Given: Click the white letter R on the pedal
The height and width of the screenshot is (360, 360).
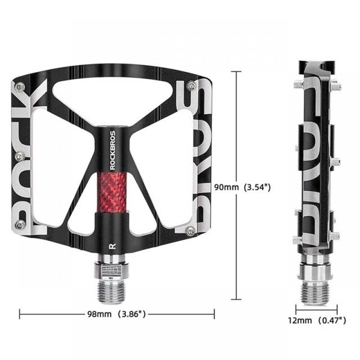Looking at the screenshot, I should [111, 246].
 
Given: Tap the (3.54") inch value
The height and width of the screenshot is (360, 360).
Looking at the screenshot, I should [256, 187].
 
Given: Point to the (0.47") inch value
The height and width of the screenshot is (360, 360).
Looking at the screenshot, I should [332, 320].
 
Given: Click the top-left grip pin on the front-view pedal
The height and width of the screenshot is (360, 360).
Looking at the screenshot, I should [18, 85].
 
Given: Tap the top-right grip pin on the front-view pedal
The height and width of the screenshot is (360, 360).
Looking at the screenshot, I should [192, 85].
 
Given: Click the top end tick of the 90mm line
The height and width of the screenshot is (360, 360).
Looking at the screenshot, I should [237, 71].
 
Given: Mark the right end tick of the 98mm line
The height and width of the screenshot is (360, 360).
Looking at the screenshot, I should [214, 314].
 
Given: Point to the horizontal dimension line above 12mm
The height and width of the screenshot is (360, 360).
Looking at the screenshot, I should [316, 309].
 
